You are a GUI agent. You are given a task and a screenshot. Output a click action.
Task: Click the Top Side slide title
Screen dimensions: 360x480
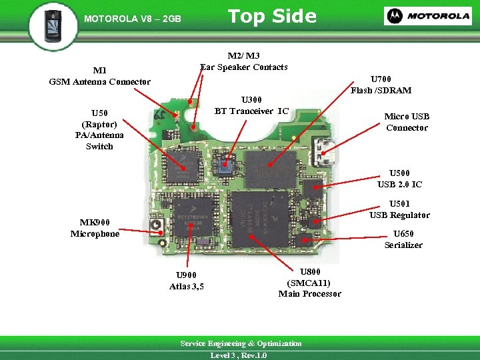[x=272, y=17]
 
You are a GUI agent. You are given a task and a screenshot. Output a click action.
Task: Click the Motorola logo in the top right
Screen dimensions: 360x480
[x=427, y=16]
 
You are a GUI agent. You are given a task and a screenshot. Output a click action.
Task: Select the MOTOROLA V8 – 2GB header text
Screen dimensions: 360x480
[x=133, y=19]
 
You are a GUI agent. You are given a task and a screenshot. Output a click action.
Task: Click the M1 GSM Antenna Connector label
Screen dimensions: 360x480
[x=100, y=76]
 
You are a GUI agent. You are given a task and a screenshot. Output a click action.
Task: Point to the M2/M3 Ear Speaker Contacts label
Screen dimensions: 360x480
[x=243, y=61]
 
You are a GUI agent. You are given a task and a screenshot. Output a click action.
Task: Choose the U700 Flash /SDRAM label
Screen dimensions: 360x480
[x=381, y=85]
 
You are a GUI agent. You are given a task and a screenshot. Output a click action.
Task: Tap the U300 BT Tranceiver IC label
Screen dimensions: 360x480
[x=251, y=105]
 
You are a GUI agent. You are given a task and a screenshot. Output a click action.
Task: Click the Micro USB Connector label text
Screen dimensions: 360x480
[x=407, y=122]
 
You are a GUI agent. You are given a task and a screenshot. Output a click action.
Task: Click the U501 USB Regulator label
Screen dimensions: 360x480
[x=399, y=209]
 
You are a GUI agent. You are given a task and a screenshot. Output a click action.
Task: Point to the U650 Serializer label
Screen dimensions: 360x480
[x=403, y=239]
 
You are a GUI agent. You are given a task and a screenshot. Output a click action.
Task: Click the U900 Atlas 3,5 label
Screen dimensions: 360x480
[x=187, y=281]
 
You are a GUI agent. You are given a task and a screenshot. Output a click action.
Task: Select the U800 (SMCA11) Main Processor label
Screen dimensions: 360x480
[x=309, y=283]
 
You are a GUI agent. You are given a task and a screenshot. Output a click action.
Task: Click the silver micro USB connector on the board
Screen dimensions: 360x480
[x=328, y=153]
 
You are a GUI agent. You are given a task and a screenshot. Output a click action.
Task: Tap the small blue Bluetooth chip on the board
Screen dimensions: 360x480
[x=225, y=167]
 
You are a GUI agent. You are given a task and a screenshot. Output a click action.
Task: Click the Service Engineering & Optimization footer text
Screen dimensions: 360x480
[x=241, y=343]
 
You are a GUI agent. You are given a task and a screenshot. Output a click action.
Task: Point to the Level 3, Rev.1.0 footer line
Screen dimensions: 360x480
[x=239, y=355]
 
